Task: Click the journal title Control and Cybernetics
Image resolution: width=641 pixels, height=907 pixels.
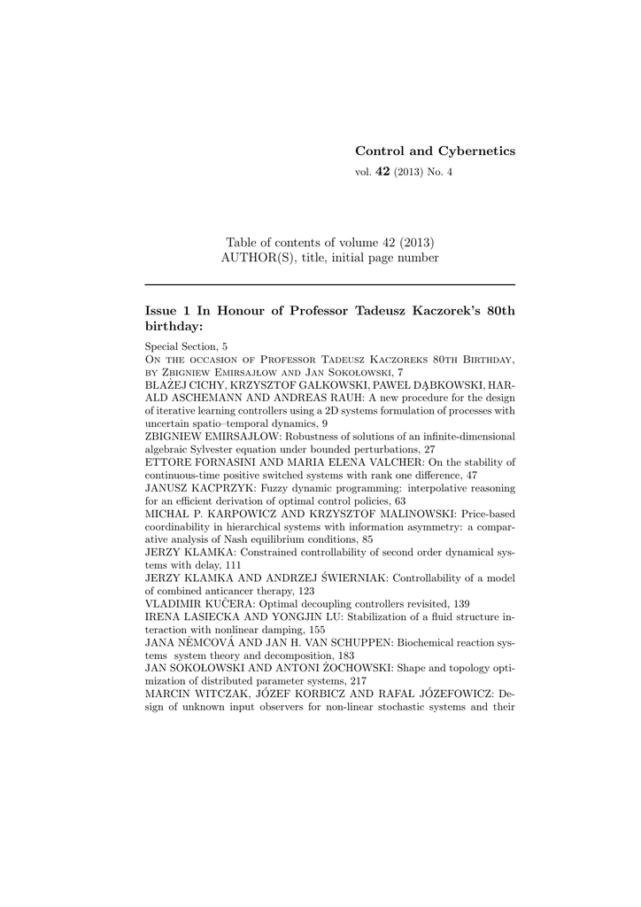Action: click(x=435, y=151)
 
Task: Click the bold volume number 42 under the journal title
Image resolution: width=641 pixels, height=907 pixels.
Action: click(x=382, y=172)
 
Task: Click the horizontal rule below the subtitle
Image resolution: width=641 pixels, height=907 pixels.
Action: click(x=329, y=284)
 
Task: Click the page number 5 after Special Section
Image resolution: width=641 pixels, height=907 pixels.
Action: click(x=224, y=346)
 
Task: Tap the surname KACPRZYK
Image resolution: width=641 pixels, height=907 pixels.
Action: click(x=210, y=487)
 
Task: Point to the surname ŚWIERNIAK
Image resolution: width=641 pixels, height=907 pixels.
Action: click(x=332, y=578)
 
